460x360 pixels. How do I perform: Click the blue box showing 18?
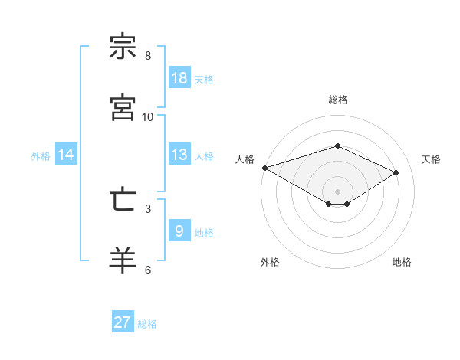[x=179, y=78]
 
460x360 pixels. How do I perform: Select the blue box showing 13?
[x=179, y=155]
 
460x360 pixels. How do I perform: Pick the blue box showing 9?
[x=179, y=231]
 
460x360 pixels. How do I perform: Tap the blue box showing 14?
[x=66, y=155]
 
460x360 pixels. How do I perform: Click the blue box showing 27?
[x=123, y=322]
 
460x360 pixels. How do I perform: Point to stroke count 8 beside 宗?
[x=148, y=56]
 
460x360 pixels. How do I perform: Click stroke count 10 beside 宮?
[x=148, y=116]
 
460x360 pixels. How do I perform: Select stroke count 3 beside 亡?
[x=148, y=208]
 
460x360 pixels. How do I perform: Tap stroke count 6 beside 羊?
[x=148, y=270]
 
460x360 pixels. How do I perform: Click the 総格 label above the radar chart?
[x=337, y=100]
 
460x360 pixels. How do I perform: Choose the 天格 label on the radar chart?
[x=431, y=159]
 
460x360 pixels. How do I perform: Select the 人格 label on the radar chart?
[x=245, y=159]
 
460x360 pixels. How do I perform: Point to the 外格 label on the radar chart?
[x=270, y=262]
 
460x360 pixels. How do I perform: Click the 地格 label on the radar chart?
[x=402, y=262]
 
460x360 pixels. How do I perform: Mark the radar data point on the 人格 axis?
[x=264, y=167]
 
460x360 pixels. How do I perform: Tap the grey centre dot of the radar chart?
[x=337, y=191]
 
